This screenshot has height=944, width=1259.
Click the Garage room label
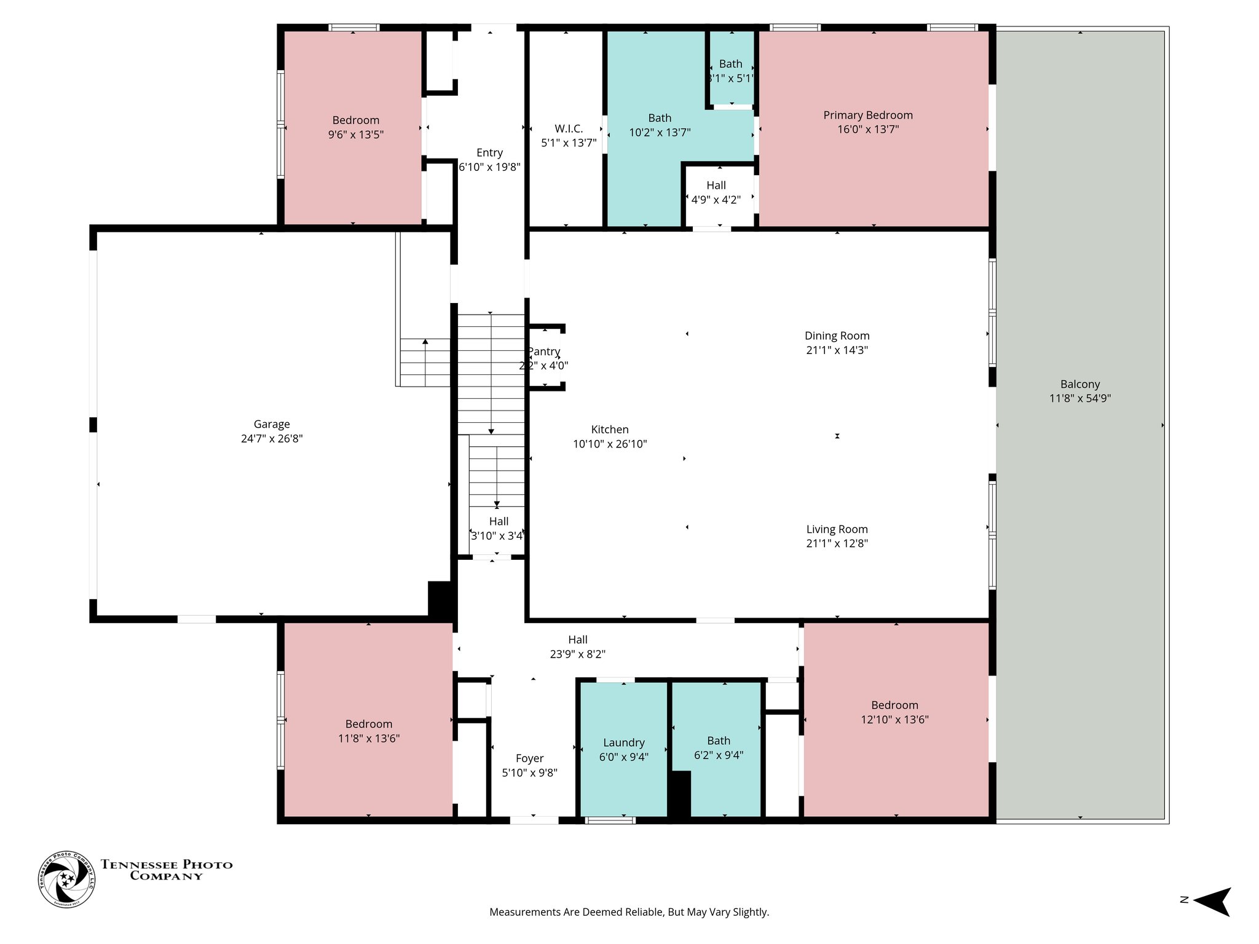271,424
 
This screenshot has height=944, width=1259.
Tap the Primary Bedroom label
867,115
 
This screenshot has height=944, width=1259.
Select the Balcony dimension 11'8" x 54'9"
1079,398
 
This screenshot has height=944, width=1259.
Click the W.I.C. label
568,128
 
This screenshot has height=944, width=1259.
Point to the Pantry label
544,352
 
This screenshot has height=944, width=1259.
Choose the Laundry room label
623,742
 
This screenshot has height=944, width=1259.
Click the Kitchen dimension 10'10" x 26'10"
609,444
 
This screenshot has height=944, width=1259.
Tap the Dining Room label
837,336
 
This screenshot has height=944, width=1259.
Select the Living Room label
837,529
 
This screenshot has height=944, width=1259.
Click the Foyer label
529,758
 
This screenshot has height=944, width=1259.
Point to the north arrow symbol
1211,902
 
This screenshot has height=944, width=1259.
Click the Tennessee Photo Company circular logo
67,879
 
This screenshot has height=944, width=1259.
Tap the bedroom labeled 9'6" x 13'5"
355,127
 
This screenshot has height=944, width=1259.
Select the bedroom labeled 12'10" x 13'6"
894,712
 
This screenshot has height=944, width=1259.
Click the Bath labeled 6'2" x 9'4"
718,748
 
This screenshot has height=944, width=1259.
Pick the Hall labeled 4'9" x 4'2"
716,192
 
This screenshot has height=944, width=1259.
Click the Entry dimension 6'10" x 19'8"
489,167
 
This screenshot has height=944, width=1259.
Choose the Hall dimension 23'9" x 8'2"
577,655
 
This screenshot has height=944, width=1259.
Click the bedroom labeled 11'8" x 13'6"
368,731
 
